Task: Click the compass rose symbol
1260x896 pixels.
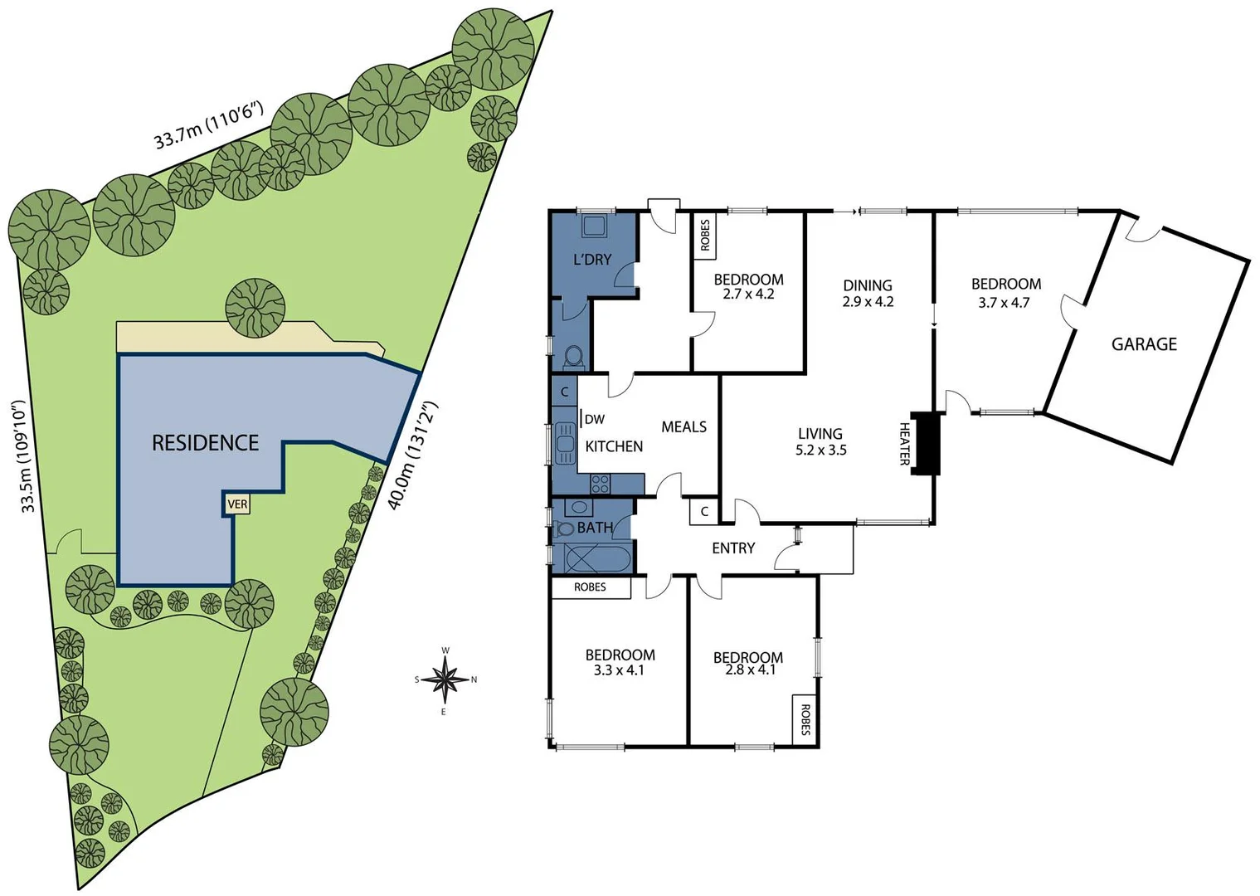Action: click(446, 679)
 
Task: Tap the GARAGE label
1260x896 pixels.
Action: click(1144, 344)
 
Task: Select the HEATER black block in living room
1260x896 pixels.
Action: click(925, 443)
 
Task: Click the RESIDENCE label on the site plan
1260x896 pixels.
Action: click(205, 443)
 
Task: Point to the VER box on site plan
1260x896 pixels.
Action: click(237, 504)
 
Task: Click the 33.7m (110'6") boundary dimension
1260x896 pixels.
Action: click(208, 125)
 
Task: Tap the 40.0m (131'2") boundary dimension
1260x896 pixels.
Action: click(412, 455)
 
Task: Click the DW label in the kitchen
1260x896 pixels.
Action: click(595, 420)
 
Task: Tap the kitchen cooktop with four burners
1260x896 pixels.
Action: click(600, 483)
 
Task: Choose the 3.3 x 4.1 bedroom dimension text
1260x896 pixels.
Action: click(619, 670)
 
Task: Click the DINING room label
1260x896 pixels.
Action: click(868, 285)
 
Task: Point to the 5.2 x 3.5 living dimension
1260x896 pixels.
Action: click(820, 450)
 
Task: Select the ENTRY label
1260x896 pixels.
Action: click(733, 548)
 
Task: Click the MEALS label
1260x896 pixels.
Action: click(684, 427)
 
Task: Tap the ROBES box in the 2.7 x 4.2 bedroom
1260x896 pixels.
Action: click(705, 236)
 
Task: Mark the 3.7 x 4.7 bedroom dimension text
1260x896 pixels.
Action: click(1004, 303)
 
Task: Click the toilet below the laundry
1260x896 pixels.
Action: click(572, 357)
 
